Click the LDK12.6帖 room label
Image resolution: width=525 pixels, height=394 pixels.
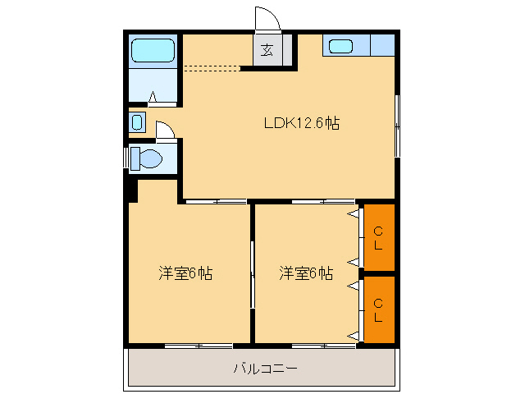coord(302,123)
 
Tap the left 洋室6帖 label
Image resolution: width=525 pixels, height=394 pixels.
coord(185,273)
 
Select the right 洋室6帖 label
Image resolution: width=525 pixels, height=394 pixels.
coord(306,273)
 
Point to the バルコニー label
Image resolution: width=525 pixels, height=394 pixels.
coord(265,369)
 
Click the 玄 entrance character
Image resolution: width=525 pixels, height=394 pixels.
coord(267,50)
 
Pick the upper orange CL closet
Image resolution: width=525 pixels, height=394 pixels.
coord(379,237)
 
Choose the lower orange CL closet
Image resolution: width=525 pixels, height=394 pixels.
coord(379,309)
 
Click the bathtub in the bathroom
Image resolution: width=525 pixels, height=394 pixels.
coord(153,51)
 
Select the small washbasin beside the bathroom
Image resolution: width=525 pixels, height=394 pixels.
coord(137,122)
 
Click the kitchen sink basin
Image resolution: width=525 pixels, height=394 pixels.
coord(341,46)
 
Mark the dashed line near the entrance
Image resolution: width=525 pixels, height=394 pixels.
coord(212,68)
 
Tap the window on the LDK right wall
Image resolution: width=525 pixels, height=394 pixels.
coord(397,126)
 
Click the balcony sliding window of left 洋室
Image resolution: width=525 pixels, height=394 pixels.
coord(199,346)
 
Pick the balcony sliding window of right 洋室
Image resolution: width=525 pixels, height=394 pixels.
coord(324,346)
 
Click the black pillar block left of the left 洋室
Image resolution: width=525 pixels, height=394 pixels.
coord(133,191)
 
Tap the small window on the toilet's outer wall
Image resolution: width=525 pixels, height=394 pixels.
coord(126,158)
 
